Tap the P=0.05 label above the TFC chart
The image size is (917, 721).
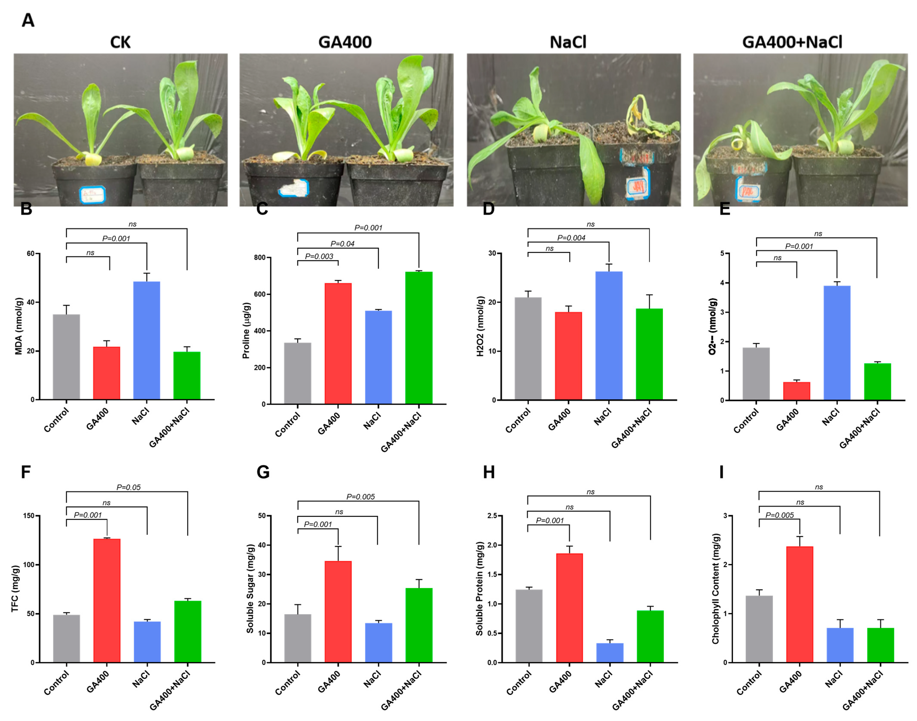(x=128, y=487)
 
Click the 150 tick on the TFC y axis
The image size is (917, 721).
(x=29, y=516)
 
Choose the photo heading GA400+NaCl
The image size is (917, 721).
(x=792, y=42)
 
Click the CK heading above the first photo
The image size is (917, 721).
(x=120, y=42)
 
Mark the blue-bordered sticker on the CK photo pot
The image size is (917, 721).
(x=92, y=195)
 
